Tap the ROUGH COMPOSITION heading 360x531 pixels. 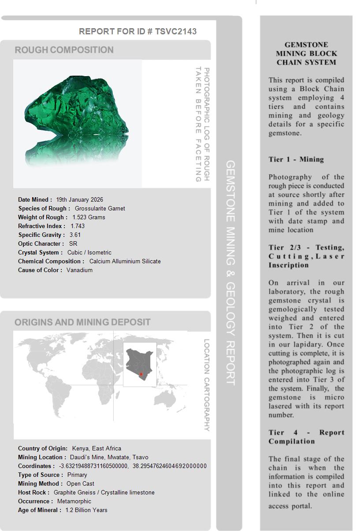[x=64, y=50]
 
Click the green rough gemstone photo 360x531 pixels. [x=77, y=119]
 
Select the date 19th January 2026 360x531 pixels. [x=80, y=199]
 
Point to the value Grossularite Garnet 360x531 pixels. [x=100, y=208]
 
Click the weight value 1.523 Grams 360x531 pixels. [x=89, y=217]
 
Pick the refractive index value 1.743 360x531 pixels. [x=78, y=226]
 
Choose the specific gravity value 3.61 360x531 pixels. [x=75, y=235]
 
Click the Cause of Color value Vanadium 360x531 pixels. [x=80, y=270]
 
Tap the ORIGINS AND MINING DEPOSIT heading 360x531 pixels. [x=82, y=322]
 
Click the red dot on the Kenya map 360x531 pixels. [x=141, y=374]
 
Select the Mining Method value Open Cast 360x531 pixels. [x=81, y=483]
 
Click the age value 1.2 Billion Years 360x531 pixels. [x=86, y=510]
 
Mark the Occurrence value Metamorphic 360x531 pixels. [x=74, y=501]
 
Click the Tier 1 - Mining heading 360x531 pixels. [x=296, y=159]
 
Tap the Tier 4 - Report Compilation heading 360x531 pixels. [x=306, y=437]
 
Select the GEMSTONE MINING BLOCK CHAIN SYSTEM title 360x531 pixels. [x=306, y=54]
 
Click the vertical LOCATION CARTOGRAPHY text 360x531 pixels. [x=207, y=385]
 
